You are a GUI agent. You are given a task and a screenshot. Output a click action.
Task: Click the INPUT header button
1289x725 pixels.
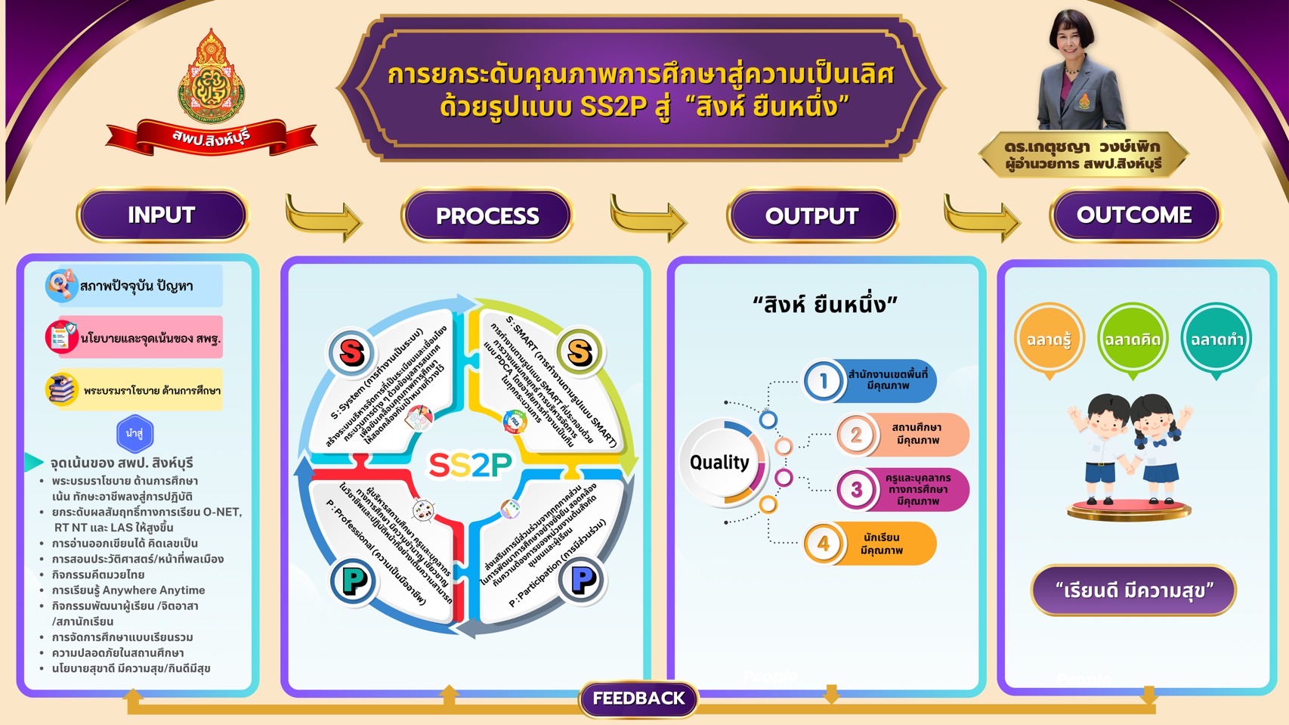pos(162,215)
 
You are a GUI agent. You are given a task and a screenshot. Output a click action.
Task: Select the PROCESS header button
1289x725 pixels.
pos(487,216)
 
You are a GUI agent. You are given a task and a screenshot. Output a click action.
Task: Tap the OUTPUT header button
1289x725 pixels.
pos(811,216)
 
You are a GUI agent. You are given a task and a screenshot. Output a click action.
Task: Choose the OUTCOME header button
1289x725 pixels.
pos(1134,215)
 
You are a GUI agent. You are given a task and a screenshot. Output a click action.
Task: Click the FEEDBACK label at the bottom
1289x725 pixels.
pos(638,699)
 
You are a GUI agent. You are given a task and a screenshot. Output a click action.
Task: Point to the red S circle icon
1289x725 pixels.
pos(352,352)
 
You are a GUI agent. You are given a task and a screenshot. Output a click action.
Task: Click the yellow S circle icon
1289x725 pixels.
pos(580,352)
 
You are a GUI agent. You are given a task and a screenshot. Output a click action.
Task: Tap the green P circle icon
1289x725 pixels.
pos(353,581)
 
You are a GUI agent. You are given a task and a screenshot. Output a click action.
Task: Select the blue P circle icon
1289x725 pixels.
pos(583,581)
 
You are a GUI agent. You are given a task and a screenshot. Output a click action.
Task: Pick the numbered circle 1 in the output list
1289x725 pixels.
pos(824,381)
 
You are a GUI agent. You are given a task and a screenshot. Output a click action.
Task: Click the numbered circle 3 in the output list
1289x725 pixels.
pos(856,490)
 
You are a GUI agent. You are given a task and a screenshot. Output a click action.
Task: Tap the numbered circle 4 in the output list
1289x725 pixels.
pos(824,544)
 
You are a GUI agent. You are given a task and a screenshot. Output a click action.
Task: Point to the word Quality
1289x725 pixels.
pos(719,462)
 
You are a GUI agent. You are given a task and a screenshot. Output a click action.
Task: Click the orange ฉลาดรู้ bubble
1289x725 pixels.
pos(1049,339)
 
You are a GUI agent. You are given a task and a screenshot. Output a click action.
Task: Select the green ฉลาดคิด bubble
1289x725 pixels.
pos(1132,339)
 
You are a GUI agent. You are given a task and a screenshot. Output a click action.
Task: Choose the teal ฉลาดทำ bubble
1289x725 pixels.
pos(1216,339)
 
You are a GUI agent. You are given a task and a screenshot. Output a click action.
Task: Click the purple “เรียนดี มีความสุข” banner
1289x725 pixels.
pos(1133,590)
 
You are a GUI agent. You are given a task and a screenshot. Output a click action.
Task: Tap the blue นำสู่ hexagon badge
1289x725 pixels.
pos(135,434)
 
